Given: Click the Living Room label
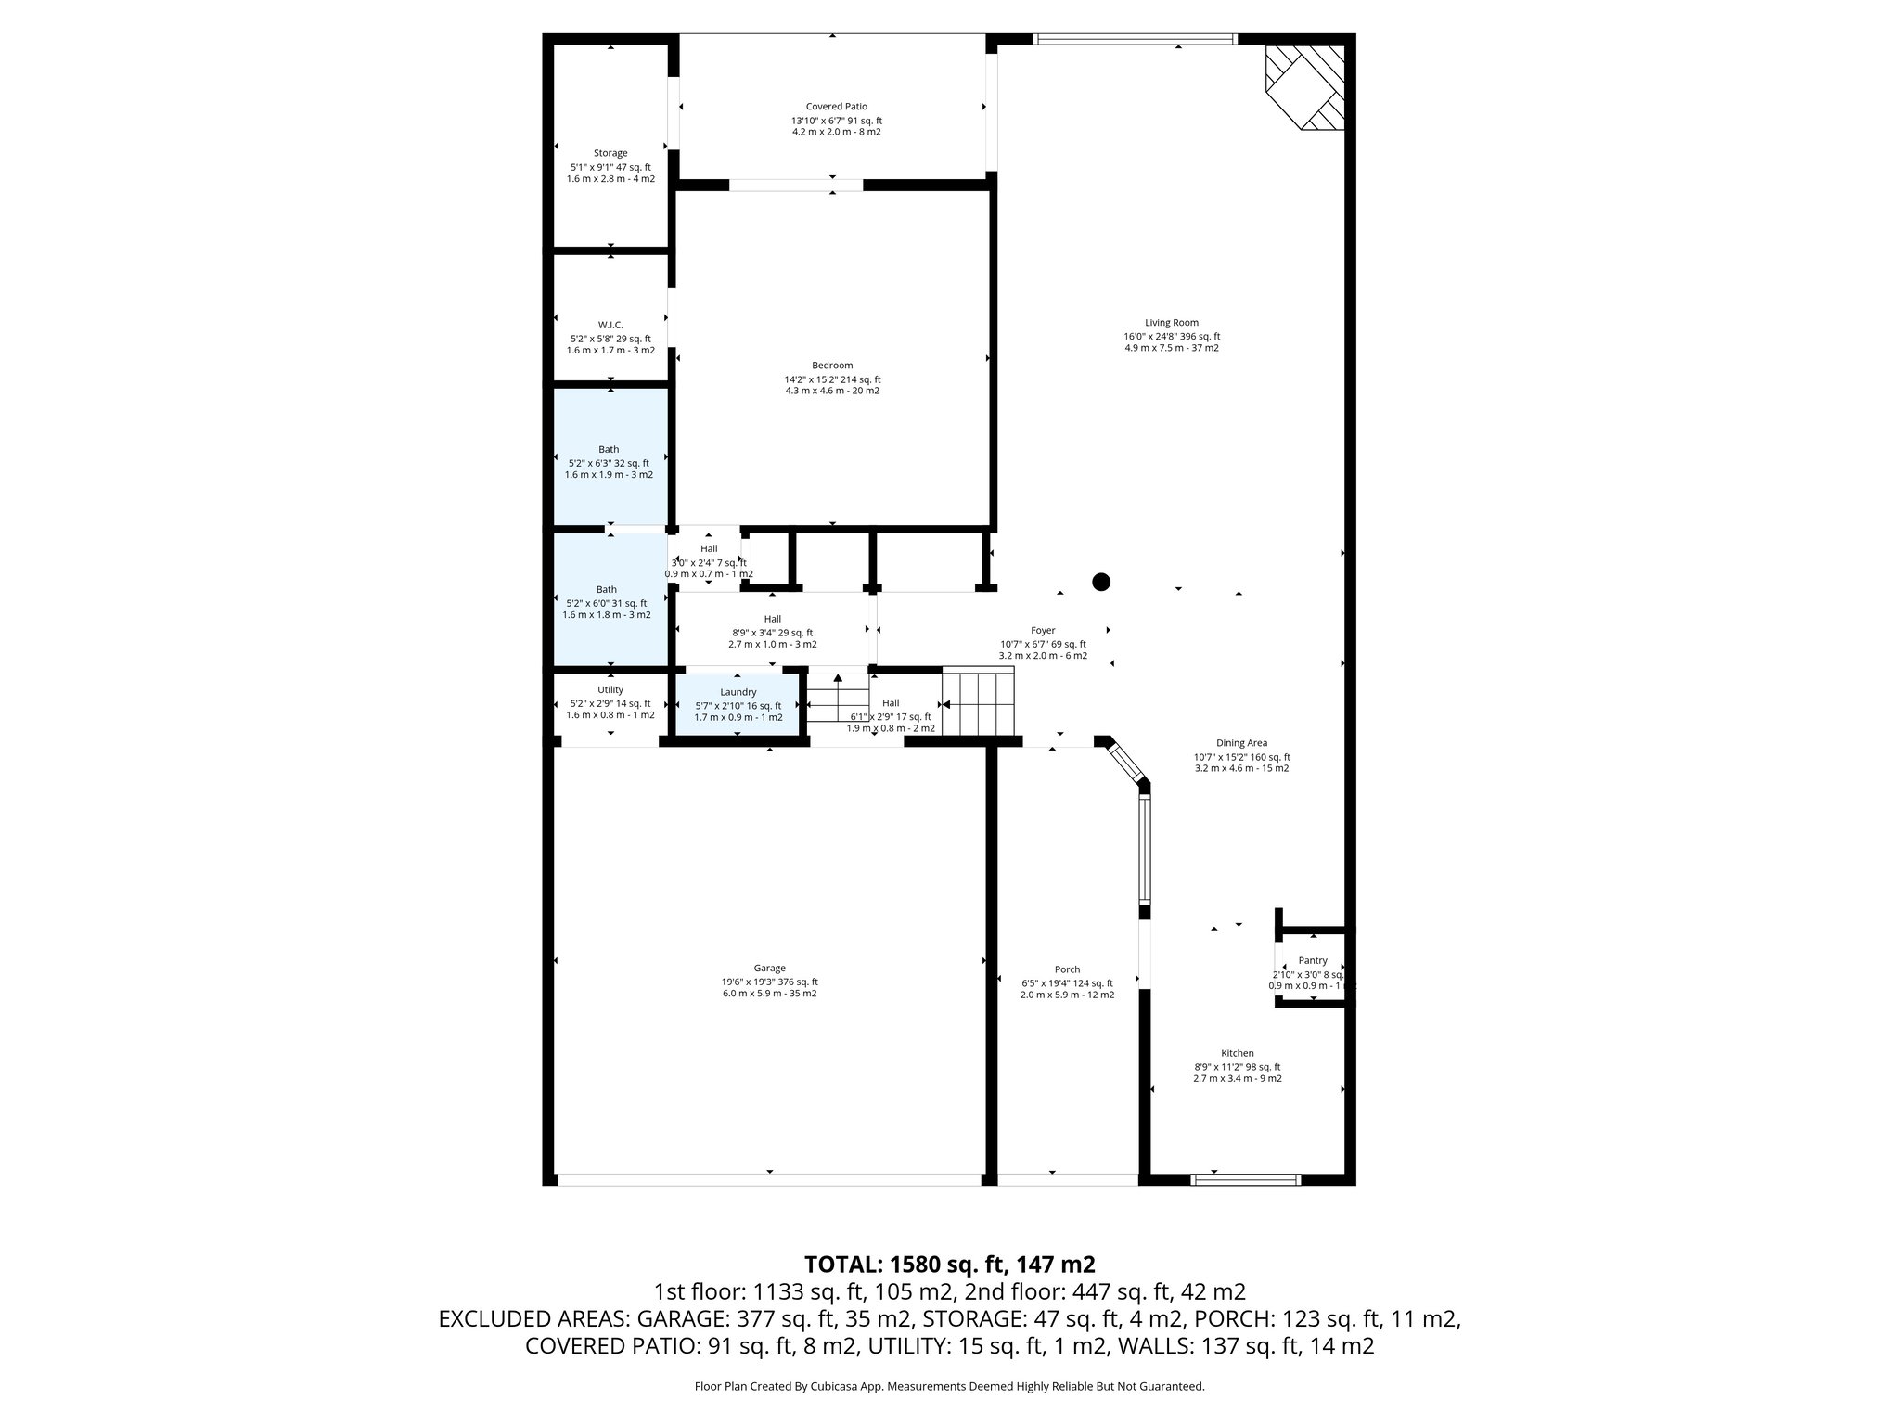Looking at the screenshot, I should click(x=1172, y=323).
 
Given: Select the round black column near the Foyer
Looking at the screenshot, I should click(x=1101, y=582).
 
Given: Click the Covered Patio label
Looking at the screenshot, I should click(x=836, y=107).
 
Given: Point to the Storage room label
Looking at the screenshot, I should click(x=610, y=153).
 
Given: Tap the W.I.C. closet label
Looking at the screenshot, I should click(x=610, y=325).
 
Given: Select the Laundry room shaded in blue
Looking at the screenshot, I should click(x=738, y=704).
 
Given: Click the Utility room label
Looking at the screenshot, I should click(x=610, y=689).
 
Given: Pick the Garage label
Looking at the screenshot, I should click(x=769, y=968).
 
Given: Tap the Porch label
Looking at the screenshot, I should click(x=1067, y=969).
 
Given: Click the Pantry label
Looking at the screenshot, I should click(x=1313, y=960).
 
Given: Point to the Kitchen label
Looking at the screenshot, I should click(x=1238, y=1053).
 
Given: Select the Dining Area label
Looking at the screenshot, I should click(x=1241, y=743).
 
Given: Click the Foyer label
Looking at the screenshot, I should click(x=1043, y=631).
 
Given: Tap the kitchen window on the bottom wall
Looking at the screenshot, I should click(x=1245, y=1179).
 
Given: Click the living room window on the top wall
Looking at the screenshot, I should click(x=1135, y=39).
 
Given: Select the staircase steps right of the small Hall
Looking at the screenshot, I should click(x=979, y=703).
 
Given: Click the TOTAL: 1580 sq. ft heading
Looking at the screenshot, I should click(x=949, y=1264).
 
